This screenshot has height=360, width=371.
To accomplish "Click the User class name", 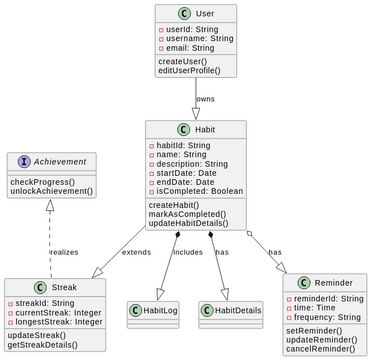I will [x=204, y=15].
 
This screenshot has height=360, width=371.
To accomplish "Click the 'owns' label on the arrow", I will [x=205, y=99].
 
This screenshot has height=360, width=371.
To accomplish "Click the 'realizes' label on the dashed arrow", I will [x=63, y=252].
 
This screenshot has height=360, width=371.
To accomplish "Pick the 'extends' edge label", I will [x=136, y=252].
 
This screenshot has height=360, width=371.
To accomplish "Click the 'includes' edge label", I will [x=188, y=252].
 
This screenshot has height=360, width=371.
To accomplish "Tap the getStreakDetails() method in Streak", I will [x=43, y=345].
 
